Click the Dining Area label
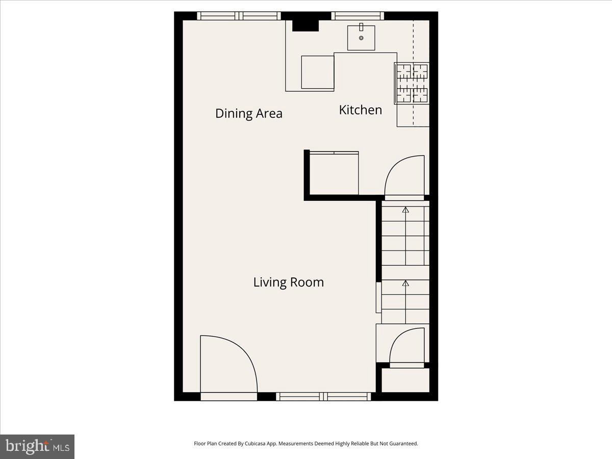[x=248, y=113]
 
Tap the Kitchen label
[x=360, y=110]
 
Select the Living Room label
[x=288, y=282]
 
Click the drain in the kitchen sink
[x=361, y=38]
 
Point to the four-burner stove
[x=412, y=83]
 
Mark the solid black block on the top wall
[x=305, y=24]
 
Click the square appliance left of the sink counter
[x=317, y=72]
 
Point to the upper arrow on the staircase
[x=405, y=209]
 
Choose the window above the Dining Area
[x=239, y=16]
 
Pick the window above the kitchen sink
[x=358, y=16]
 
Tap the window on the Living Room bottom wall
[x=324, y=396]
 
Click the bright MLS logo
[x=37, y=447]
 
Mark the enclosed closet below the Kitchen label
[x=333, y=173]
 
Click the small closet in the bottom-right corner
[x=405, y=380]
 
